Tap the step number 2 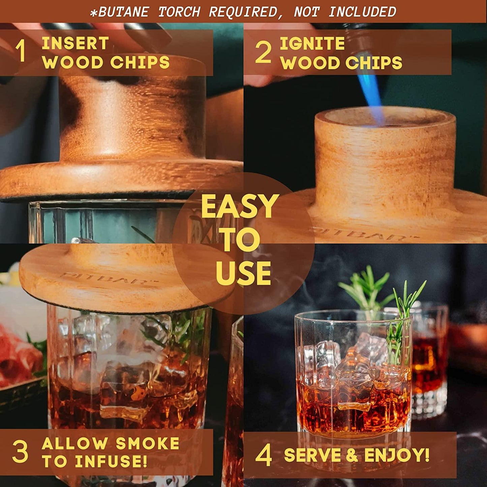point(263,52)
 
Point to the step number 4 point(264,455)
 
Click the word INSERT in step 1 point(75,43)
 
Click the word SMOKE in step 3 point(148,443)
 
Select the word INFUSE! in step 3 point(111,461)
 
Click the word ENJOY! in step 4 point(397,455)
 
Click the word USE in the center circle point(243,273)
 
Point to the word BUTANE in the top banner point(123,12)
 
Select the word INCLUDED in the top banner point(362,12)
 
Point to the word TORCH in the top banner point(179,12)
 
